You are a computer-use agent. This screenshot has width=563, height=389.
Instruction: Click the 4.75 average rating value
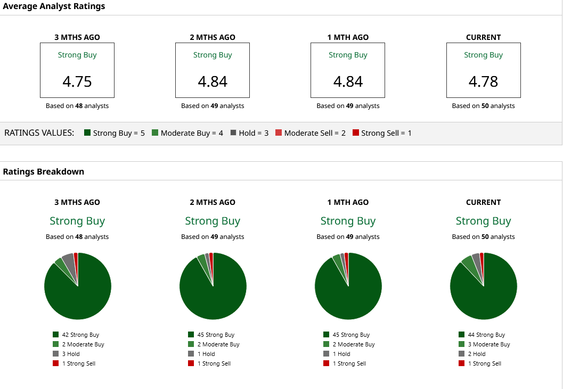coord(77,81)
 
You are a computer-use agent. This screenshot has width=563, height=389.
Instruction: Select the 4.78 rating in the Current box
coord(483,81)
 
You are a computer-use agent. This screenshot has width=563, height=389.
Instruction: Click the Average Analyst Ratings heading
coord(54,6)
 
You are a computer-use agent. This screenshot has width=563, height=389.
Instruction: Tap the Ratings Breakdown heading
coord(44,171)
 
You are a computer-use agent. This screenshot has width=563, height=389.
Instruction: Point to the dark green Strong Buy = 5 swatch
coord(87,133)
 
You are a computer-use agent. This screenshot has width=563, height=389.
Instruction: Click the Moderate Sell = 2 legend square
coord(279,133)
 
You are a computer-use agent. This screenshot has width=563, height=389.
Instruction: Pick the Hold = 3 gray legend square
coord(233,133)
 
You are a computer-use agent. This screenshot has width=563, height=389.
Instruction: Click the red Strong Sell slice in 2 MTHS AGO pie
coord(211,258)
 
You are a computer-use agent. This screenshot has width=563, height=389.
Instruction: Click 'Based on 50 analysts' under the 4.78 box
coord(483,106)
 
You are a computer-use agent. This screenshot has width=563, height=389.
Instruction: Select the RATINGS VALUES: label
coord(39,133)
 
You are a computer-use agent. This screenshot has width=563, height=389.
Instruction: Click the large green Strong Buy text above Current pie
coord(483,221)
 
